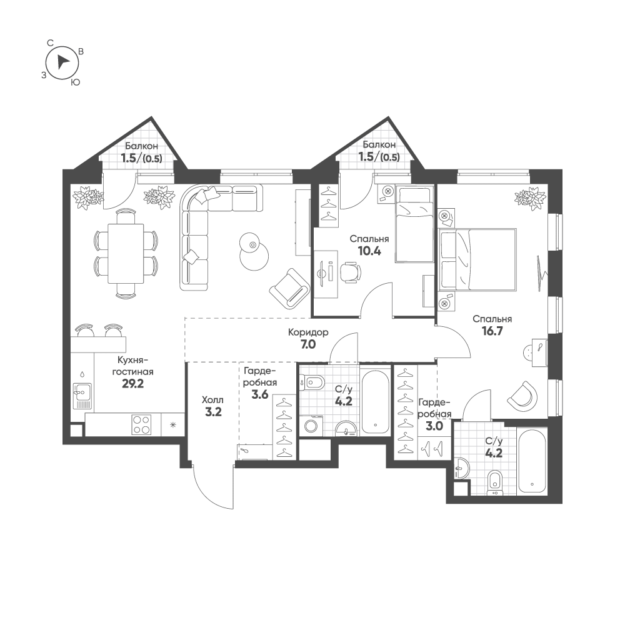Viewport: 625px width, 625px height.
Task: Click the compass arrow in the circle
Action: tap(62, 62)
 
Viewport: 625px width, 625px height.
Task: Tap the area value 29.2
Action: tap(132, 384)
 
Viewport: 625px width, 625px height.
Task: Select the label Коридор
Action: tap(308, 332)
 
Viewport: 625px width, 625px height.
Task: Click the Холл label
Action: tap(212, 400)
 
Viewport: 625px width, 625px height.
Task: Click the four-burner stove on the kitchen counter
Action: tap(142, 424)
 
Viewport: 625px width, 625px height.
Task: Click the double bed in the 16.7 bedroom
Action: tap(478, 259)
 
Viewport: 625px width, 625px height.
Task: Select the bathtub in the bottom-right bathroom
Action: tap(531, 461)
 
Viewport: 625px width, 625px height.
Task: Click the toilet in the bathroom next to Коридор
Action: tap(312, 382)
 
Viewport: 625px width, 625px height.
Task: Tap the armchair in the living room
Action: tap(289, 287)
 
